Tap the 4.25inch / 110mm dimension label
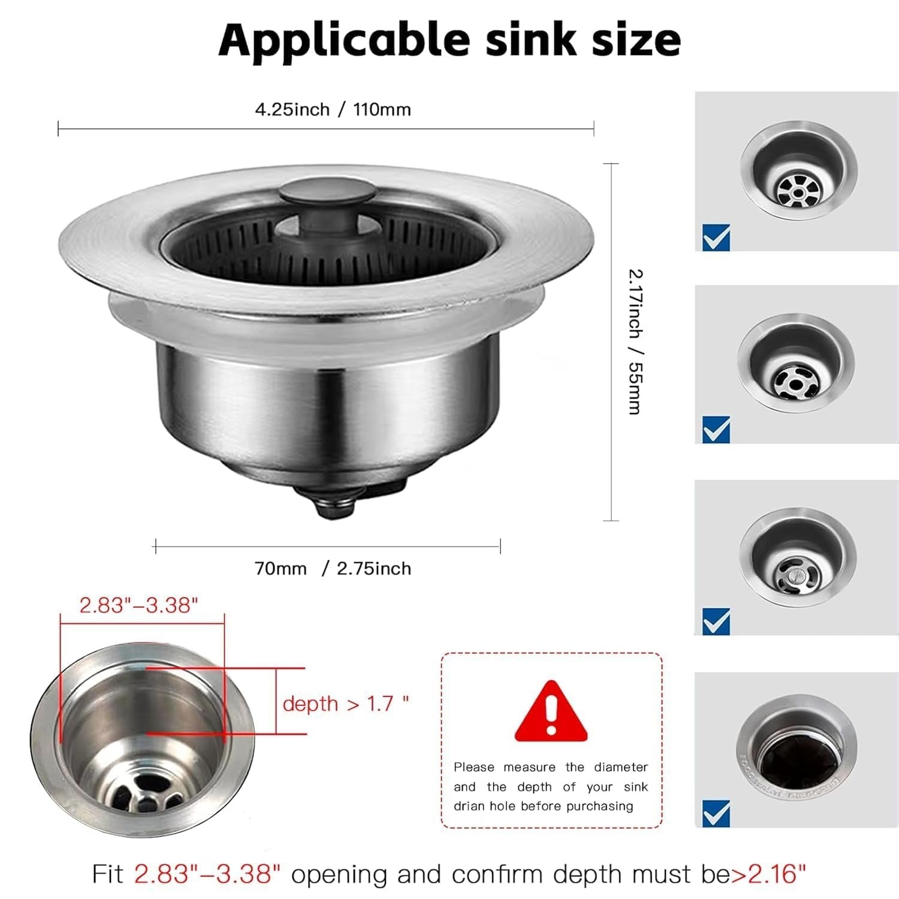(x=333, y=110)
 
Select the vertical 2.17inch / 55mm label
(x=635, y=342)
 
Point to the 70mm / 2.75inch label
(x=333, y=568)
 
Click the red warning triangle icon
(x=551, y=712)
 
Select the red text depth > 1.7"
(x=345, y=704)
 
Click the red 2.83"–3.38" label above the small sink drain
(x=138, y=605)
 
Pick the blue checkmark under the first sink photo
(x=716, y=237)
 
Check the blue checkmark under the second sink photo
(x=716, y=429)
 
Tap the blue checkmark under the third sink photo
(x=716, y=621)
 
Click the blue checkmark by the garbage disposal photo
(x=716, y=813)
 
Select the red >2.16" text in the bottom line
(x=768, y=874)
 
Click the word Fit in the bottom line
(x=108, y=874)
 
